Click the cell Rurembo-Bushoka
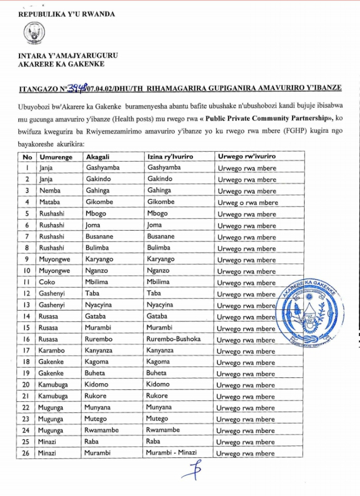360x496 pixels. (x=173, y=339)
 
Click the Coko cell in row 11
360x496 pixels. (x=47, y=282)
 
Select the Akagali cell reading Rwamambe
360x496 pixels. (x=103, y=430)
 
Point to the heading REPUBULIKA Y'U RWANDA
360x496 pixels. (x=66, y=14)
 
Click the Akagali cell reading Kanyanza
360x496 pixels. (x=101, y=351)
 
